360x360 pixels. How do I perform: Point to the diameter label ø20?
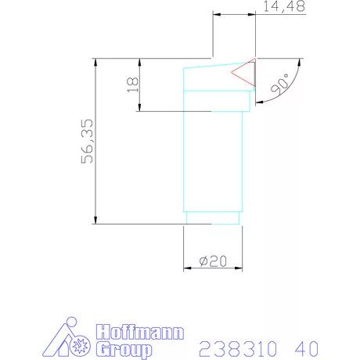pyautogui.click(x=212, y=262)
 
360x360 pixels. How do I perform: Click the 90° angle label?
pyautogui.click(x=279, y=84)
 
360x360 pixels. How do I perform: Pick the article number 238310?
pyautogui.click(x=235, y=347)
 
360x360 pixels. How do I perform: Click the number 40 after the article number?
pyautogui.click(x=308, y=347)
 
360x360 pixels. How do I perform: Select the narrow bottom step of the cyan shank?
pyautogui.click(x=213, y=218)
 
